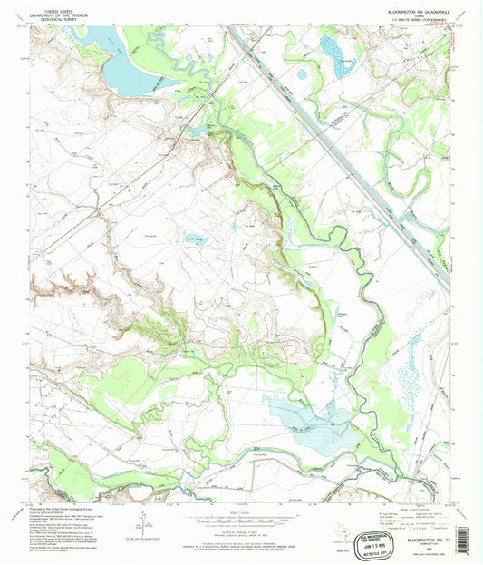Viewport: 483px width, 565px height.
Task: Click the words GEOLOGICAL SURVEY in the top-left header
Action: pos(53,16)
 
